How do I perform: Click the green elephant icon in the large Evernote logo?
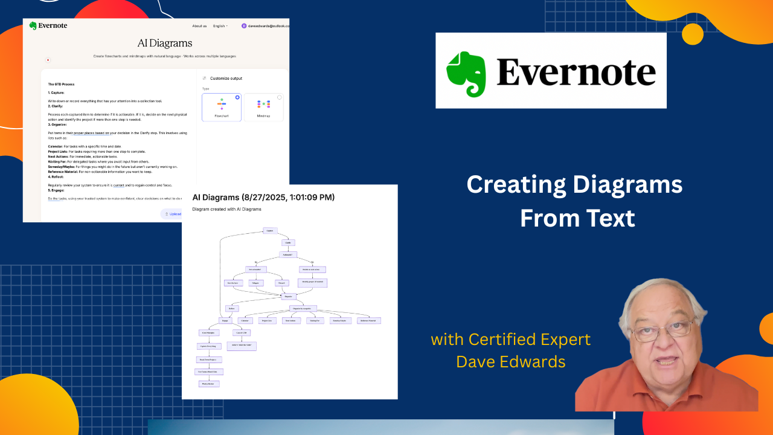click(466, 74)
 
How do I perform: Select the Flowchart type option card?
click(222, 107)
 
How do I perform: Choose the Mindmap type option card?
click(263, 107)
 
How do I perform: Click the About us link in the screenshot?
click(199, 26)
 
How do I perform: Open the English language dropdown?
click(220, 26)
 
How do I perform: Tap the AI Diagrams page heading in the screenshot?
click(165, 43)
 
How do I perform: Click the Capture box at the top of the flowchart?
click(270, 230)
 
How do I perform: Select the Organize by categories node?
click(303, 308)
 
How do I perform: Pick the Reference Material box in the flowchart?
click(368, 320)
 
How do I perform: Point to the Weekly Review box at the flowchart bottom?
click(209, 384)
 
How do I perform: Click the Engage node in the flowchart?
click(225, 320)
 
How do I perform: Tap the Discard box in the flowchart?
click(281, 283)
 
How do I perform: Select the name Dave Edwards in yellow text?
click(511, 361)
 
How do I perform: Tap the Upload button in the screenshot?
click(173, 214)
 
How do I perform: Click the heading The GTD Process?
click(61, 84)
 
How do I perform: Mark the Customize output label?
click(226, 79)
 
